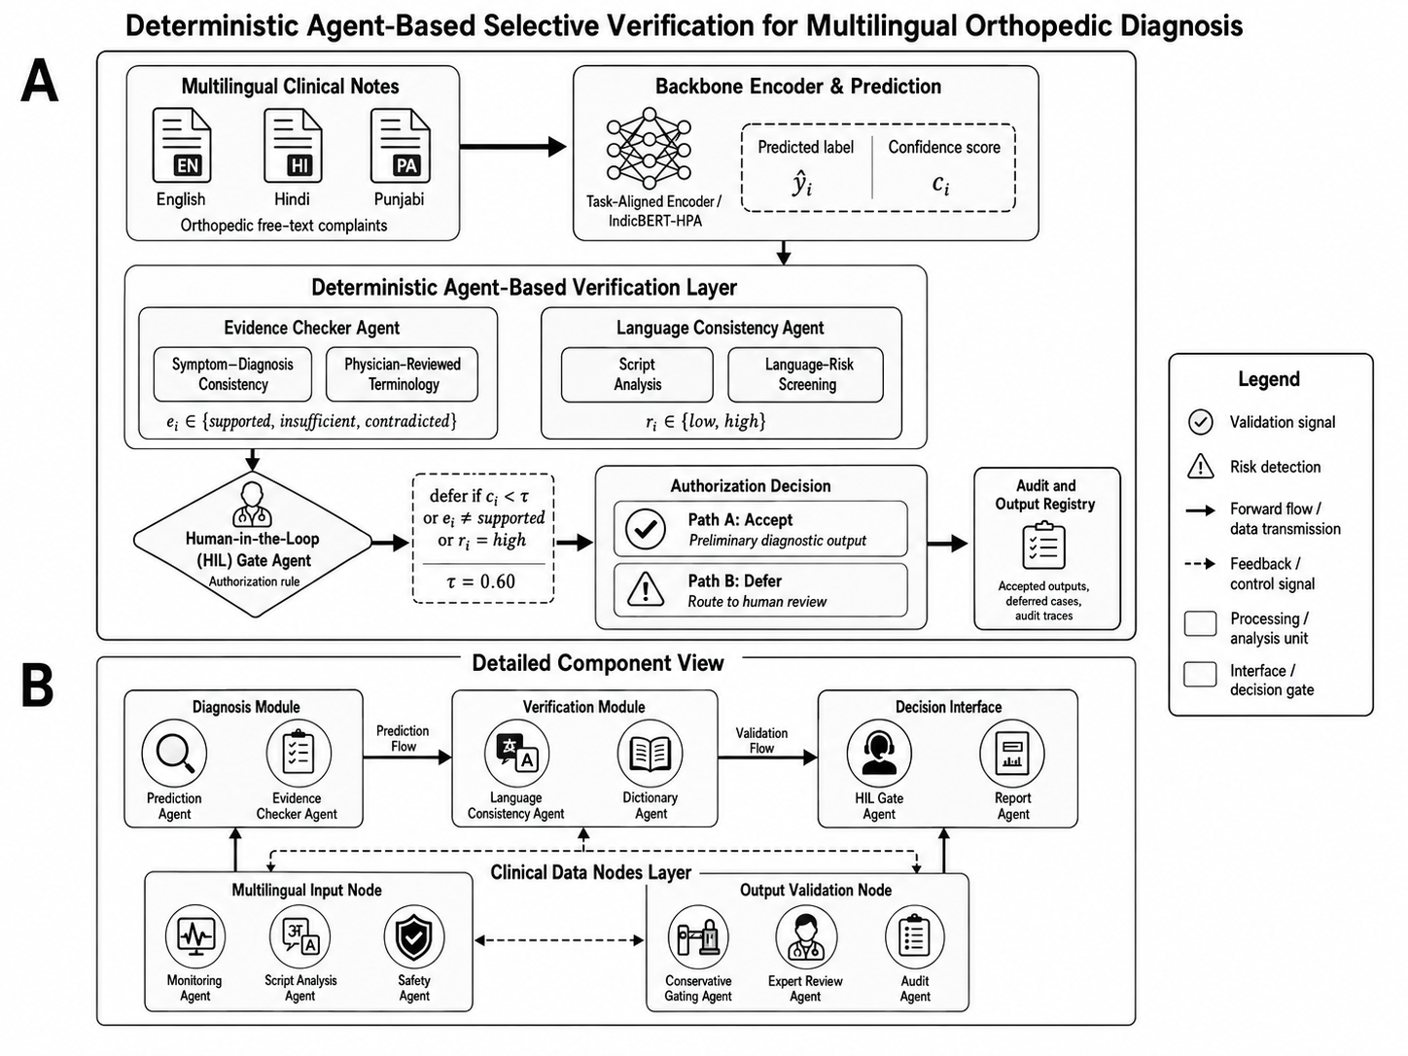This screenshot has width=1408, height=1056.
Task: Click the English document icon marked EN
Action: [x=182, y=146]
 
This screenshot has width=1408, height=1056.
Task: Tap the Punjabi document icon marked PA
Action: [x=401, y=146]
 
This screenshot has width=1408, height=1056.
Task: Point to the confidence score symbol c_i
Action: [x=941, y=184]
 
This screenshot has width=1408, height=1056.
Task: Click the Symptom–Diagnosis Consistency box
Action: [x=232, y=374]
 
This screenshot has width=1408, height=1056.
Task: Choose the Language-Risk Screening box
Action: [x=806, y=374]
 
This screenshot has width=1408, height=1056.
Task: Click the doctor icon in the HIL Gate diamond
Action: [x=252, y=505]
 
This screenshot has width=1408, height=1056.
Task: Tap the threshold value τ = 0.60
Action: [x=481, y=581]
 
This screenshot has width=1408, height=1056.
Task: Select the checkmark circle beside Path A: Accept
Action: [x=646, y=529]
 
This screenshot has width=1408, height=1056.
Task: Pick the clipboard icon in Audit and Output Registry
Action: [x=1043, y=546]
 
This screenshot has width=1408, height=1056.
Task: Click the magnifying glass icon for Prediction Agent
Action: [x=174, y=753]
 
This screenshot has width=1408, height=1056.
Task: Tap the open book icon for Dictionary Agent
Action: [x=650, y=753]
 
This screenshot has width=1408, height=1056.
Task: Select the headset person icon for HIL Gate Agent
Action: [x=879, y=753]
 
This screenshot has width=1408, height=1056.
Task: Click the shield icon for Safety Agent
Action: [x=414, y=936]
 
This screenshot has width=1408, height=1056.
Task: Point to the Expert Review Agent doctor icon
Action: [x=806, y=936]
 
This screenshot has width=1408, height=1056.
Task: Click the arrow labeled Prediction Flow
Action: [x=407, y=757]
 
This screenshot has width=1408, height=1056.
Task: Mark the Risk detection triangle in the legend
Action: [x=1200, y=466]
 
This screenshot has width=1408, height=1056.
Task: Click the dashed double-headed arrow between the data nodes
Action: [x=559, y=940]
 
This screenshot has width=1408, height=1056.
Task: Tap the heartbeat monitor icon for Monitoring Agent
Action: [x=195, y=936]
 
